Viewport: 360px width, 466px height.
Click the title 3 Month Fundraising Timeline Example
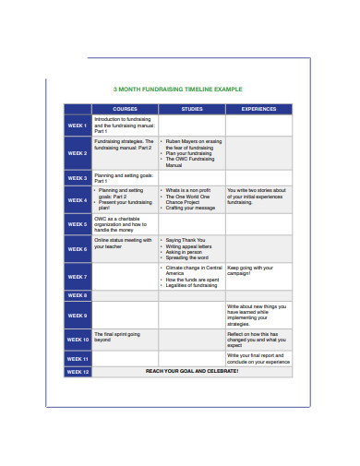[x=177, y=90]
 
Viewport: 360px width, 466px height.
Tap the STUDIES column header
[x=192, y=109]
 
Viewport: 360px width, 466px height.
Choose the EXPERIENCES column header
[x=258, y=109]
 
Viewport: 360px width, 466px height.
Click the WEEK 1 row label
[x=78, y=125]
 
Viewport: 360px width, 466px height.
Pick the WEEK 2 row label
[x=78, y=153]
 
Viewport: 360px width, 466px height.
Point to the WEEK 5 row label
[x=78, y=224]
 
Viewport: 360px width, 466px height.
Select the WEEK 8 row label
[x=78, y=295]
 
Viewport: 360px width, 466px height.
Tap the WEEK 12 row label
[x=78, y=371]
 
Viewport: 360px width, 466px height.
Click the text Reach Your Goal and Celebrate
[x=192, y=371]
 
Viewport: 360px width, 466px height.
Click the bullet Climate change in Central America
[x=193, y=270]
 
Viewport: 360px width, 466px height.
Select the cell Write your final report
[x=258, y=359]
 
